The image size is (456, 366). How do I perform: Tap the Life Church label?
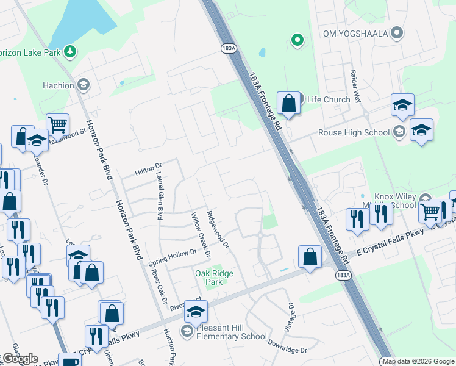(x=329, y=99)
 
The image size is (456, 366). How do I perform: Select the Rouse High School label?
(x=354, y=132)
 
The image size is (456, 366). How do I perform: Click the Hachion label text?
(x=59, y=85)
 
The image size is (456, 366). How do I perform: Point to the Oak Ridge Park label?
(x=214, y=278)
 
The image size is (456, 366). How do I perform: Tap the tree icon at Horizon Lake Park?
(x=70, y=51)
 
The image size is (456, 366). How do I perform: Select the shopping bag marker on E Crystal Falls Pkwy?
(x=310, y=257)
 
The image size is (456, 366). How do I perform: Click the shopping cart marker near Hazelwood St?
(x=57, y=124)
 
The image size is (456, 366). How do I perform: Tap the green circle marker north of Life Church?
(x=297, y=40)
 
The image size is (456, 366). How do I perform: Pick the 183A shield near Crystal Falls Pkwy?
(x=343, y=275)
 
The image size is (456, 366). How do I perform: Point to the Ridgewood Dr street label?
(x=217, y=229)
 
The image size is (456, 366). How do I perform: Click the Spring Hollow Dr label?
(x=173, y=257)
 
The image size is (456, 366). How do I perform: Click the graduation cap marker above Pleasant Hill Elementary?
(x=196, y=312)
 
